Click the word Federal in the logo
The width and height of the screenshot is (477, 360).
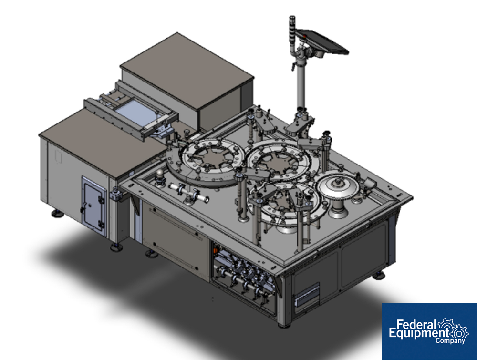(416, 324)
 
